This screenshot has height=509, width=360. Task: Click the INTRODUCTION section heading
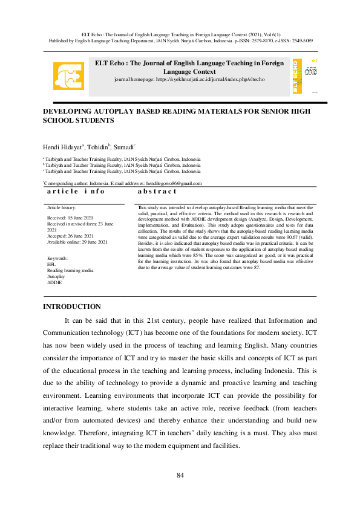point(72,307)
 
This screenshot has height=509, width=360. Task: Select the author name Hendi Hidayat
point(64,148)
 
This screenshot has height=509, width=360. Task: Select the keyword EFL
point(51,265)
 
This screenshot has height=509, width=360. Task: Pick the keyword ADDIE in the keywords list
point(54,282)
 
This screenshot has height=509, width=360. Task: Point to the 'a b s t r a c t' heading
point(157,191)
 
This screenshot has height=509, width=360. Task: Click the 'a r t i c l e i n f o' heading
point(76,191)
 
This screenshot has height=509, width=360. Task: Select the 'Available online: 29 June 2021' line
point(77,242)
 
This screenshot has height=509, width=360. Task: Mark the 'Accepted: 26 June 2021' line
point(70,236)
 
